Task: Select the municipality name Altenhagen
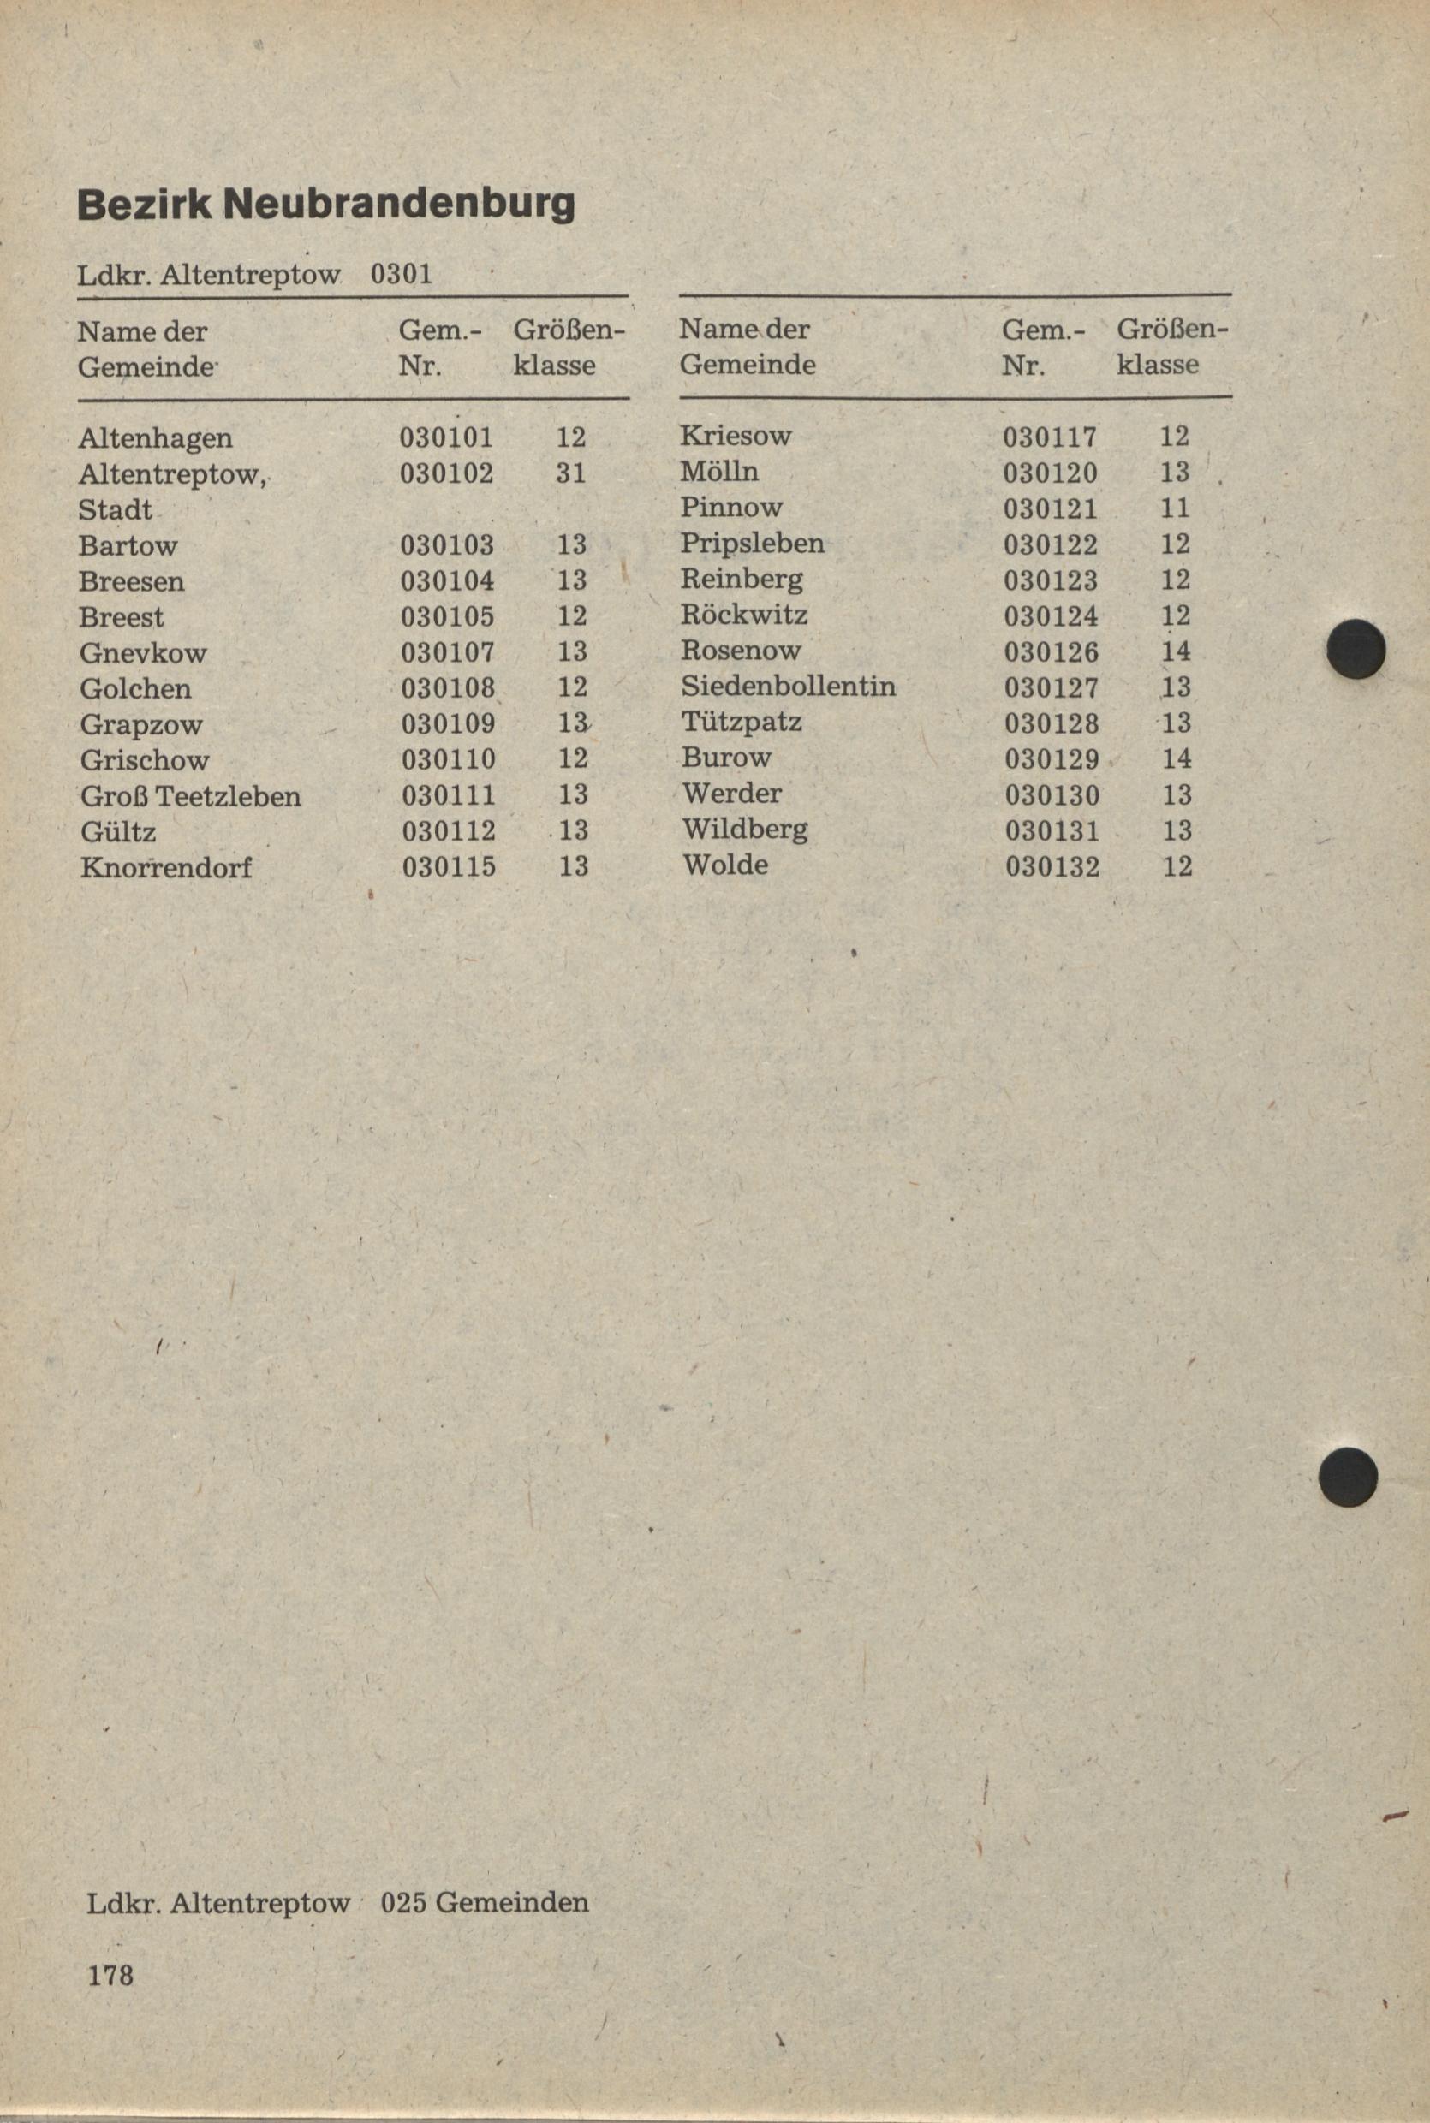155,438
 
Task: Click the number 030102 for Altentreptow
447,473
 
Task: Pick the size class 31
571,473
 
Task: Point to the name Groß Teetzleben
191,796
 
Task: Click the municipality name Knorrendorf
166,867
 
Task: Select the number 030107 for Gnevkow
448,651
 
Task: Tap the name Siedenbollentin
788,686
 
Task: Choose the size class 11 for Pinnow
1175,508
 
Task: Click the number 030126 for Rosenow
1052,651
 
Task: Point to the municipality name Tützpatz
742,722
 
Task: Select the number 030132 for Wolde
1052,866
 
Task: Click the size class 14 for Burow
1177,758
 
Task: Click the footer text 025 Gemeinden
485,1902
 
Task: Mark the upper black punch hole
1356,648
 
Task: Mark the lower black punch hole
1348,1476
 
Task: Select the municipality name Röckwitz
744,615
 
